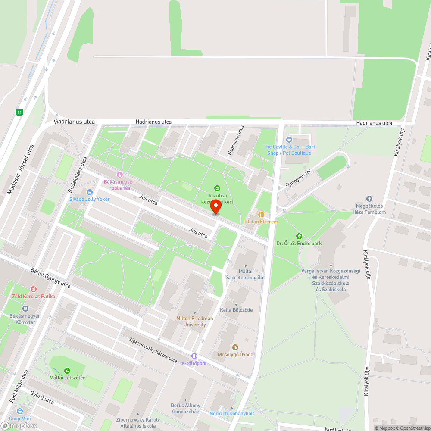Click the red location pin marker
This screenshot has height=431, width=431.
(x=215, y=207)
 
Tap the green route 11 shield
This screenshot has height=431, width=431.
(x=19, y=113)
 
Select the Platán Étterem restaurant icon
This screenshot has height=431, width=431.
(x=261, y=214)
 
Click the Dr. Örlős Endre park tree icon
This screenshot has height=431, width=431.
(x=299, y=236)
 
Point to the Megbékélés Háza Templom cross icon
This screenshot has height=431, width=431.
(x=369, y=199)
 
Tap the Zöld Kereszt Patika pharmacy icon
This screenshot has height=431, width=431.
(x=34, y=289)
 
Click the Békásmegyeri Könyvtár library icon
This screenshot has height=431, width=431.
(x=25, y=309)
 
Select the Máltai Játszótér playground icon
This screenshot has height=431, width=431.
(x=67, y=371)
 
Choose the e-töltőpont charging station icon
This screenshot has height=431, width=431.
(x=194, y=356)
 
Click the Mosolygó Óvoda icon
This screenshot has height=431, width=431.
(x=235, y=347)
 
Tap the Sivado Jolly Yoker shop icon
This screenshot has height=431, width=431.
(x=90, y=192)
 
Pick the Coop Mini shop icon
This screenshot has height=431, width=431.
(x=20, y=411)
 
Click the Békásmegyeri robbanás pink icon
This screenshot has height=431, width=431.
(x=120, y=175)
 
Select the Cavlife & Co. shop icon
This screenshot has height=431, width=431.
(x=289, y=139)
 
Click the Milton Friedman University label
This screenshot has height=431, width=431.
(x=194, y=322)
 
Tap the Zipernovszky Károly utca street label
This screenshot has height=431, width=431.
(x=153, y=350)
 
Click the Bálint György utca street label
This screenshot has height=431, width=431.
(x=50, y=278)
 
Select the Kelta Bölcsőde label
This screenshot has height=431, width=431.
(x=236, y=310)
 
